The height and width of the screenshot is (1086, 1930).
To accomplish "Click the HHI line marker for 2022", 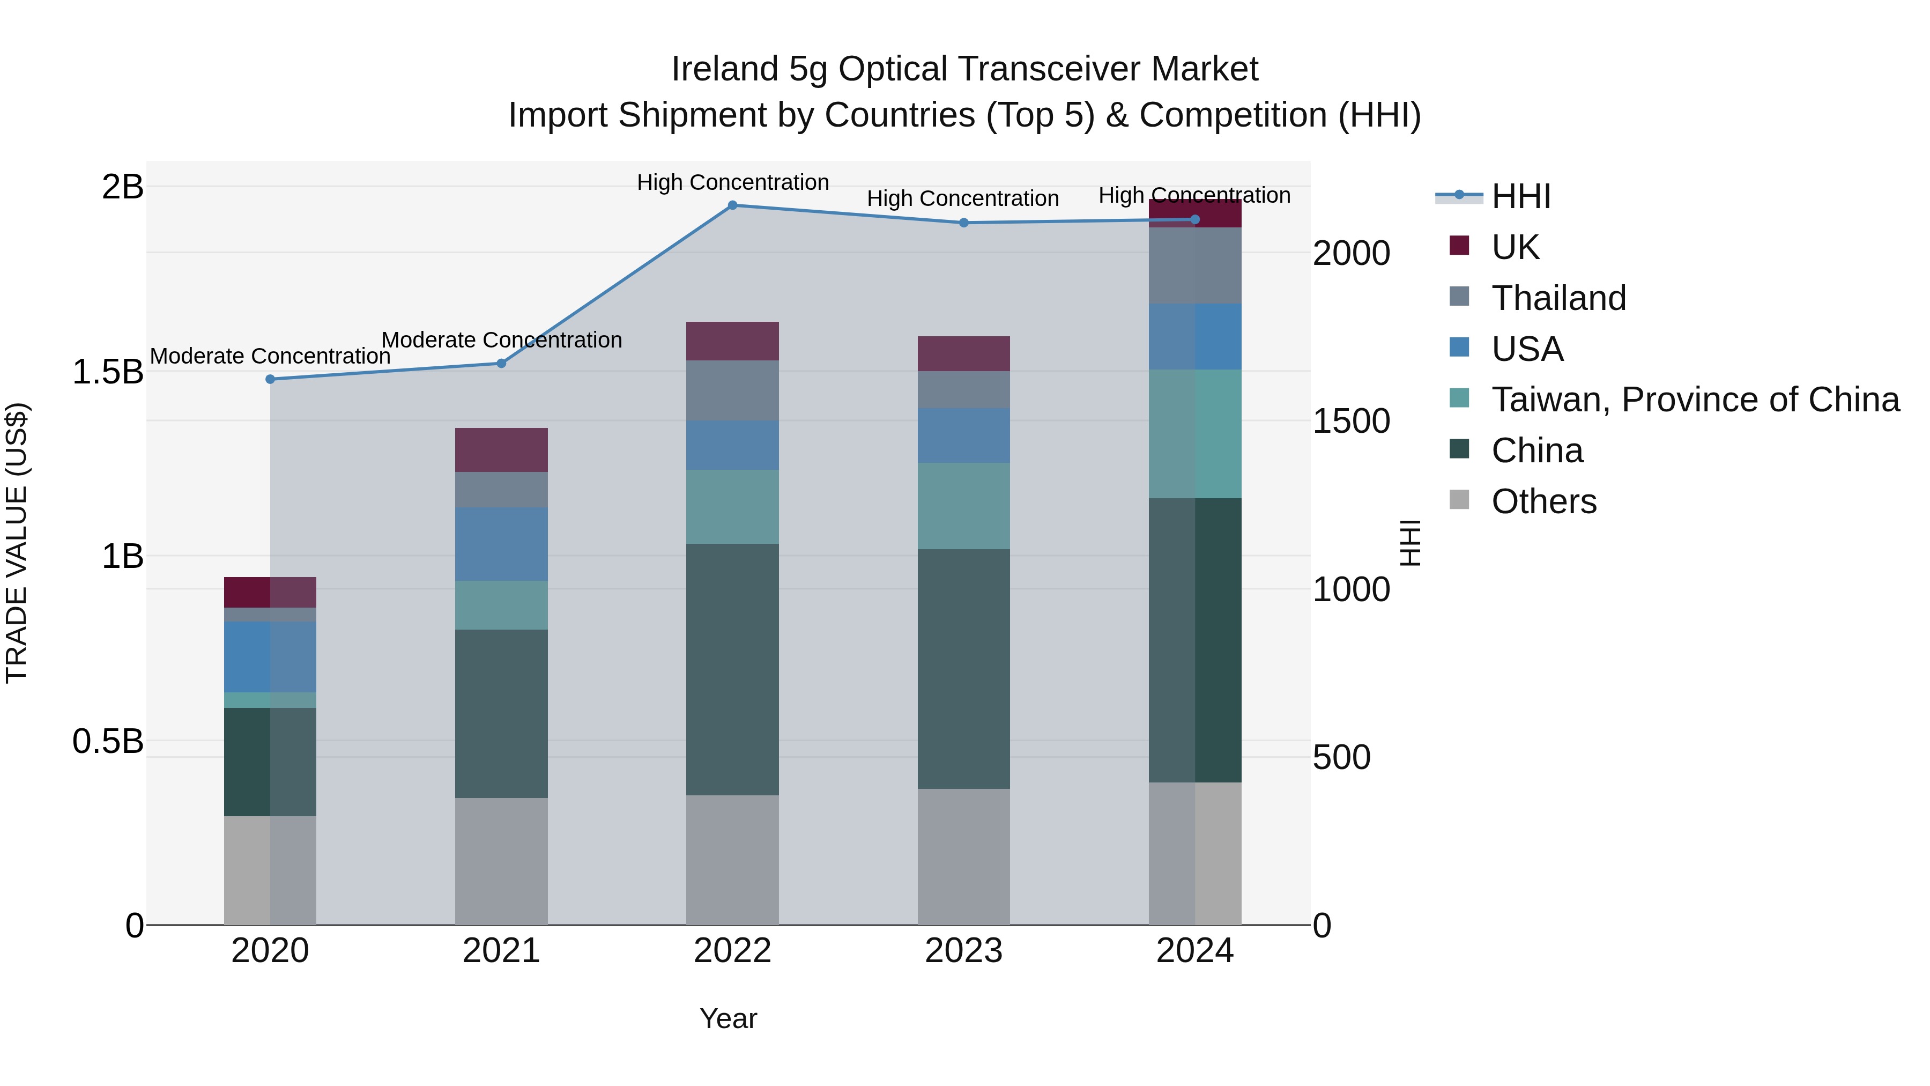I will [733, 205].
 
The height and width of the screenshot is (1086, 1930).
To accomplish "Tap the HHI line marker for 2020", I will [271, 379].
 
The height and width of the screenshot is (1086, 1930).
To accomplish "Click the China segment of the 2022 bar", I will [733, 669].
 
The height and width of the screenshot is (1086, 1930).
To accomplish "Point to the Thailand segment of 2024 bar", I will [1195, 265].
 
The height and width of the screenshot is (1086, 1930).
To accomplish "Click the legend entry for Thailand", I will [1558, 298].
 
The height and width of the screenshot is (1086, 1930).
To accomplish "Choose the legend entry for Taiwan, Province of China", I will [1695, 400].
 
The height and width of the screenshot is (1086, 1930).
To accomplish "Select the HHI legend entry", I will [1520, 196].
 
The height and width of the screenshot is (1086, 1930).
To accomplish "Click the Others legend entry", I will [1543, 501].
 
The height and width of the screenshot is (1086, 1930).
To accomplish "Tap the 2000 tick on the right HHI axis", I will [1351, 253].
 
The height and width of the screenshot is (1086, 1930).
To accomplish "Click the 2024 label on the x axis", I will [1195, 951].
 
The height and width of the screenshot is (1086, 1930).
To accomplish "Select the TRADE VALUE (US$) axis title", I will [17, 543].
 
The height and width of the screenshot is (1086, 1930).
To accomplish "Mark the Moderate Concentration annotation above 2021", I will [502, 340].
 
